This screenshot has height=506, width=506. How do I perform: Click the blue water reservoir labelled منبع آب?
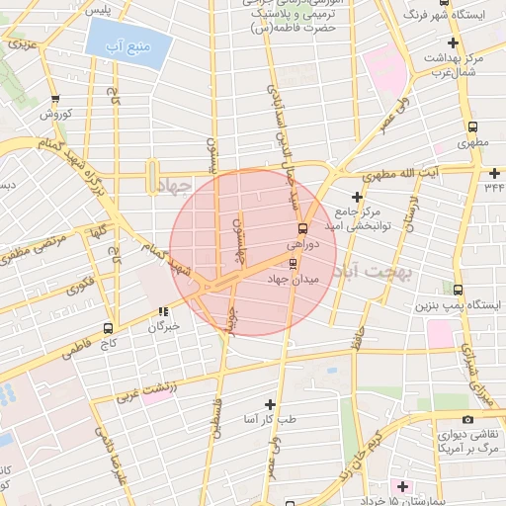pyautogui.click(x=126, y=45)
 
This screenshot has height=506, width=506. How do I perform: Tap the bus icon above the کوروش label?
pyautogui.click(x=54, y=99)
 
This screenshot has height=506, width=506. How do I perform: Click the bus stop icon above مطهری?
pyautogui.click(x=473, y=127)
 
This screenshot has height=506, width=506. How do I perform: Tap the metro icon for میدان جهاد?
pyautogui.click(x=292, y=263)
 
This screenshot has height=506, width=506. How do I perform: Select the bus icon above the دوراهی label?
pyautogui.click(x=301, y=227)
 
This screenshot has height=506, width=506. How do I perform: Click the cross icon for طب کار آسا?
pyautogui.click(x=271, y=404)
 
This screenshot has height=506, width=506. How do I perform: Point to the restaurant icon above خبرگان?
pyautogui.click(x=163, y=312)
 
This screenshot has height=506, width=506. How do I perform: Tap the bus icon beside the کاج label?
pyautogui.click(x=108, y=328)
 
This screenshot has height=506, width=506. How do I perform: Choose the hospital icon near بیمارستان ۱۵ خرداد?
pyautogui.click(x=401, y=486)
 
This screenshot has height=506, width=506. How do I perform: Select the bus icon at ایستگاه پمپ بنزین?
pyautogui.click(x=459, y=291)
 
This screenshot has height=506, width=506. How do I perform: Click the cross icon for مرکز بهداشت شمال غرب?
pyautogui.click(x=453, y=42)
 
